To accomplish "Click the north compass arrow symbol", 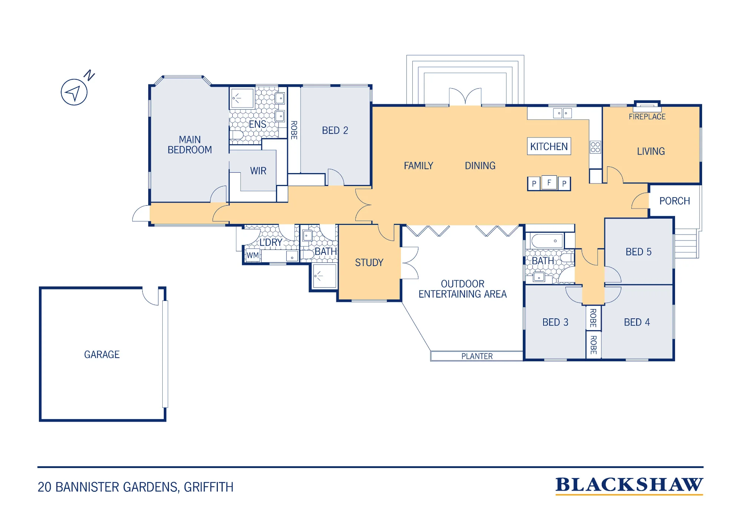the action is pos(74,92).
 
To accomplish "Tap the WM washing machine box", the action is pos(253,255).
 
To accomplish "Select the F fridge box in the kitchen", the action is pos(549,182).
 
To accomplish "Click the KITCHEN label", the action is pos(549,146).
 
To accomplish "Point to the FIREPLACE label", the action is pos(647,117).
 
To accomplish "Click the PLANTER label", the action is pos(477,356).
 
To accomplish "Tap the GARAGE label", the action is pos(102,355).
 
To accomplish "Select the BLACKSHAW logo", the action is pos(629,485).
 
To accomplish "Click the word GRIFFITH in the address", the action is pos(209,487).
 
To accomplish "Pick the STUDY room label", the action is pos(369,262).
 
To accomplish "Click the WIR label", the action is pos(258,171).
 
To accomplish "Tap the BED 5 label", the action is pos(638,252).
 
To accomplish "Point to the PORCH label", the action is pos(675,201).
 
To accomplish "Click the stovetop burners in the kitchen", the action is pos(595,147).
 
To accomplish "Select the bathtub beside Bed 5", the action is pos(547,241).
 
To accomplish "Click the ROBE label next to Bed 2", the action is pos(294,130).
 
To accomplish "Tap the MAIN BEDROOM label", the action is pos(190,145).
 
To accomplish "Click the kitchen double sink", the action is pos(562,113).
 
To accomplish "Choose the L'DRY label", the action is pos(271,242).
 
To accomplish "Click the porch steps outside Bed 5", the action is pos(687,243).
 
